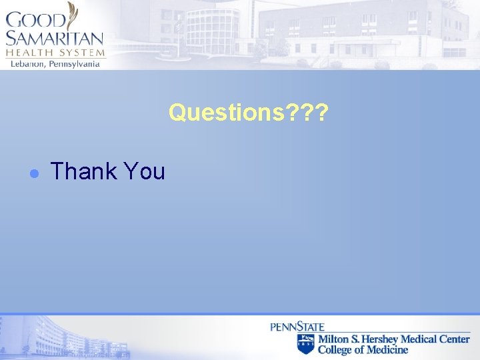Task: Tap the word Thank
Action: [x=83, y=172]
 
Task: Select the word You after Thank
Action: [x=143, y=172]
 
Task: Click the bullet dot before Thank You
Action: [x=37, y=173]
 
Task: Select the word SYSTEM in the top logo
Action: [x=79, y=53]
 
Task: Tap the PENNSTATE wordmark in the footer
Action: [x=297, y=327]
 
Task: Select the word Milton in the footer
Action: [x=333, y=339]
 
